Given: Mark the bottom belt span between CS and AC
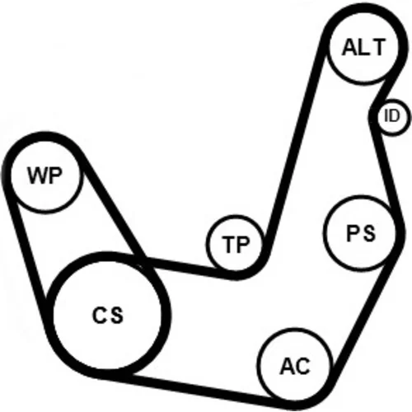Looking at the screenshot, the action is (192, 389).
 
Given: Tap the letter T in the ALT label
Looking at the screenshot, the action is (377, 47).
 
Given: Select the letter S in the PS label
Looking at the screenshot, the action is (368, 233).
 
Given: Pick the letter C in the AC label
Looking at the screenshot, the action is (302, 366).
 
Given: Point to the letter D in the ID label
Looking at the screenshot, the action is (395, 115).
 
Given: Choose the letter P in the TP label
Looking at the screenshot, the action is (242, 244).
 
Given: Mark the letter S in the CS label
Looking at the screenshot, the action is (116, 315).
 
